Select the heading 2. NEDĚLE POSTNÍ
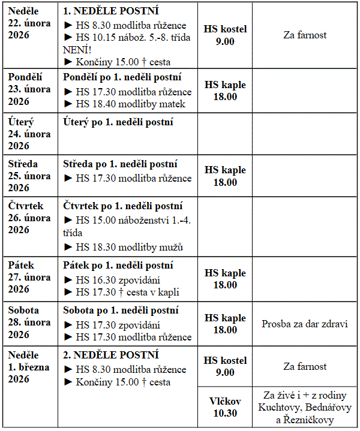coord(111,355)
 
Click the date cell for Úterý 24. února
coord(29,134)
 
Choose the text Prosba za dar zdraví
coord(305,324)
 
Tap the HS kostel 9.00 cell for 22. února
coord(225,35)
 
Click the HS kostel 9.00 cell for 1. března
coord(225,366)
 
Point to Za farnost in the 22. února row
coord(305,35)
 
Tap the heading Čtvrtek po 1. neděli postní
coord(122,206)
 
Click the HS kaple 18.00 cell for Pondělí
coord(225,91)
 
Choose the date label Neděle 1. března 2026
coord(29,367)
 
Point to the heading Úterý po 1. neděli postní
coord(118,122)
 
